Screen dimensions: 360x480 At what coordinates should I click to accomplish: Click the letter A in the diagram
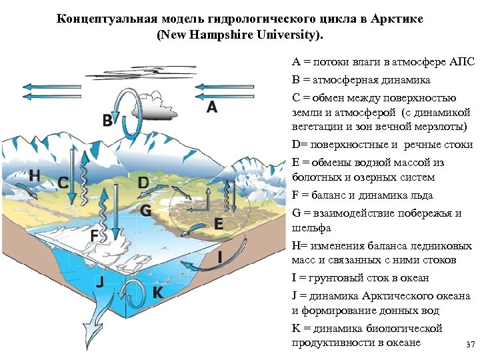click(x=211, y=107)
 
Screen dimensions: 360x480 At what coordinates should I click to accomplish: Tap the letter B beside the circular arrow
click(x=107, y=121)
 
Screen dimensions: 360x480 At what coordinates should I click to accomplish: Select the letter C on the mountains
click(x=62, y=182)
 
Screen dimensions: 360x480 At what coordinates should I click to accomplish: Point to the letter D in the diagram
click(x=143, y=182)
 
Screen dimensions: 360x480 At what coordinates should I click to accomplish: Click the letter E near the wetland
click(x=218, y=225)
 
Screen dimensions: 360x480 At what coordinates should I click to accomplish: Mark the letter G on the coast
click(x=146, y=211)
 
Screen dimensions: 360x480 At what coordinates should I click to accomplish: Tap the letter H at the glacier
click(x=35, y=175)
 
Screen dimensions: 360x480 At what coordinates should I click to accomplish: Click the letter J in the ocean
click(x=100, y=282)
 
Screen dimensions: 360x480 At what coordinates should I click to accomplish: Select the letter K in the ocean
click(x=158, y=293)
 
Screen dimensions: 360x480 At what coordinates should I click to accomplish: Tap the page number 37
click(x=470, y=345)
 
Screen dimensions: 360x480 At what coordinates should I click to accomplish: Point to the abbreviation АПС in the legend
click(x=462, y=62)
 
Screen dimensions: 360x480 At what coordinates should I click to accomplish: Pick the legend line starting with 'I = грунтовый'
click(x=360, y=277)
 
